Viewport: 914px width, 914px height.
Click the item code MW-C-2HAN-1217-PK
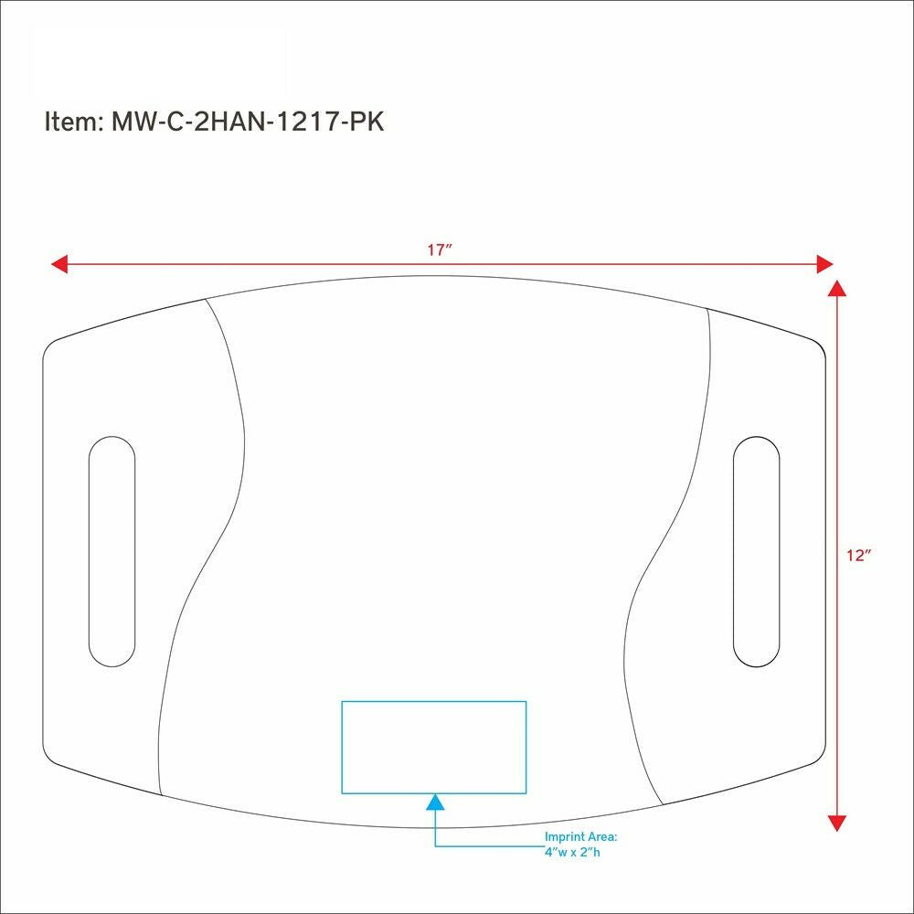[x=248, y=122]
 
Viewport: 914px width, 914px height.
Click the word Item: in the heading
[x=74, y=122]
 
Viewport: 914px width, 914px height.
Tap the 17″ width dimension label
[x=440, y=250]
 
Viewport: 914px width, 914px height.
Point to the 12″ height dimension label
[x=858, y=556]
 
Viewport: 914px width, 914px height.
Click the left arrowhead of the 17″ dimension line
[x=59, y=264]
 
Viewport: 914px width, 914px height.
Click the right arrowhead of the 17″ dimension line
[x=824, y=264]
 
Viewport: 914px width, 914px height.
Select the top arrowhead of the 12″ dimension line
[x=837, y=288]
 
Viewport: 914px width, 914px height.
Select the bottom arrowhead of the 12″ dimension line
[x=837, y=824]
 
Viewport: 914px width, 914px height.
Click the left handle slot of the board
[x=112, y=551]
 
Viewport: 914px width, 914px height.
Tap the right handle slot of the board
[x=756, y=551]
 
